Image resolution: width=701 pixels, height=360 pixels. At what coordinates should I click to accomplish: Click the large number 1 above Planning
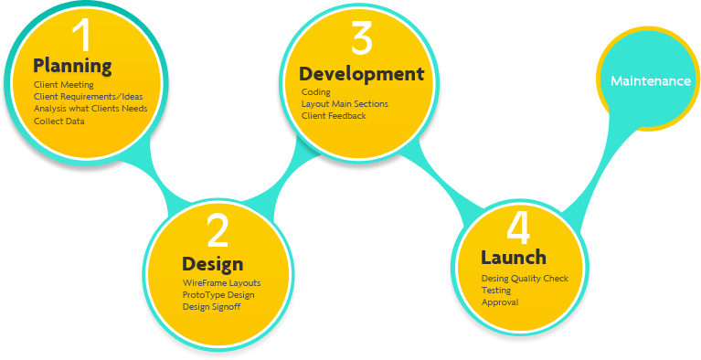(82, 35)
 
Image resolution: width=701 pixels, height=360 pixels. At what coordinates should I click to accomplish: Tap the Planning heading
(72, 66)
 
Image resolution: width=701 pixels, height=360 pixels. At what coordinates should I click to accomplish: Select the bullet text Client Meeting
(64, 85)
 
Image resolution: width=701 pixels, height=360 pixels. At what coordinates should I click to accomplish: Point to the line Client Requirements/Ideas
(83, 96)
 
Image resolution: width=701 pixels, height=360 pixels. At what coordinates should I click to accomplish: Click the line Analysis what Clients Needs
(90, 108)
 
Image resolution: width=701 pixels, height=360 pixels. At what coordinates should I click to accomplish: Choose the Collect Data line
(59, 121)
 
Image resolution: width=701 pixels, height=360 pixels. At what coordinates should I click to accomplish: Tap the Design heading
(212, 264)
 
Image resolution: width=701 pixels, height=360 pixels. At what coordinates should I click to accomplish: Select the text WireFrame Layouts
(221, 283)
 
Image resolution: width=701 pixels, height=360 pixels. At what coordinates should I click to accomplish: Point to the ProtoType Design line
(218, 294)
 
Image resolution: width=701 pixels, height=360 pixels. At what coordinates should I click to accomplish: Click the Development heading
(362, 74)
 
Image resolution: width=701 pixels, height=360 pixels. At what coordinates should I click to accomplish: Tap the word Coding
(315, 92)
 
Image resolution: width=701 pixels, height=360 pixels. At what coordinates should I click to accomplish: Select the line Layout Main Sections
(345, 104)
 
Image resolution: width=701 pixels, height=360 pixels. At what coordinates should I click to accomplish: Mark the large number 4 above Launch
(517, 227)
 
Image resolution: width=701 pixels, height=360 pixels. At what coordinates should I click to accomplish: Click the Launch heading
(514, 258)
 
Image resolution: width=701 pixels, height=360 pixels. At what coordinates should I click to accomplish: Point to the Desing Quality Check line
(525, 279)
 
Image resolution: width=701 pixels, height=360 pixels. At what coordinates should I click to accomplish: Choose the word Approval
(500, 302)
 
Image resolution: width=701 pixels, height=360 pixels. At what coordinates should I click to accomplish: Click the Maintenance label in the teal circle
(651, 81)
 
